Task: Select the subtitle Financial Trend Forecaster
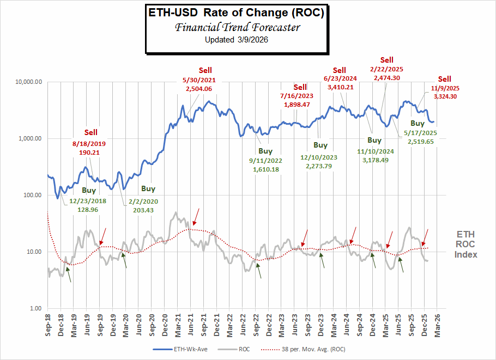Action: point(236,27)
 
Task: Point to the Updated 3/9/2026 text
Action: point(236,40)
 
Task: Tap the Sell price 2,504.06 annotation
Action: point(198,89)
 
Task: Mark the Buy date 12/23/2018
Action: point(88,200)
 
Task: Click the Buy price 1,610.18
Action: point(265,170)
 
